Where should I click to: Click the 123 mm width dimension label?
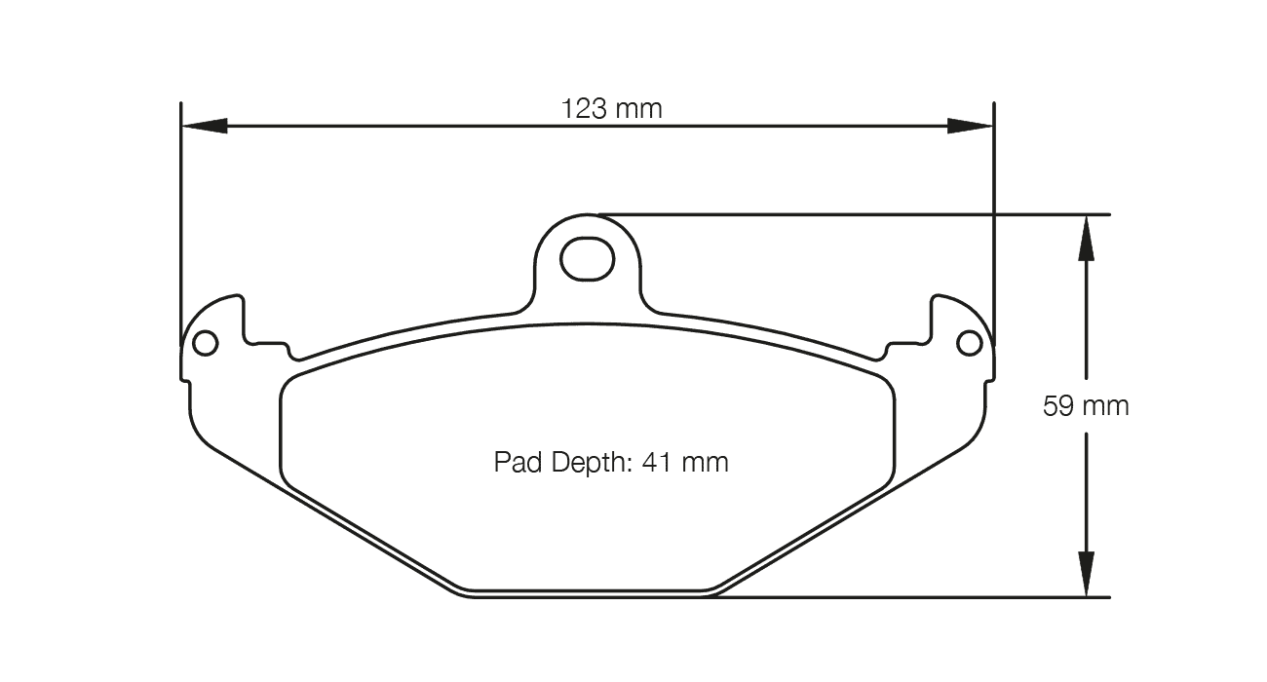pyautogui.click(x=611, y=108)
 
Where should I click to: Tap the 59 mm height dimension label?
pyautogui.click(x=1086, y=406)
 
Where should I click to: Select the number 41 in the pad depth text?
pyautogui.click(x=657, y=462)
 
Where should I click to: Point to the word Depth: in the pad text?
pyautogui.click(x=591, y=463)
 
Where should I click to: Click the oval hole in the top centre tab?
pyautogui.click(x=587, y=259)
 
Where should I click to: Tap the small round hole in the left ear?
pyautogui.click(x=205, y=343)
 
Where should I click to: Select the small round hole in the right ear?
pyautogui.click(x=970, y=343)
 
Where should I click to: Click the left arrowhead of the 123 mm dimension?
pyautogui.click(x=205, y=126)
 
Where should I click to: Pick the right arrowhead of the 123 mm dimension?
pyautogui.click(x=971, y=126)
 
